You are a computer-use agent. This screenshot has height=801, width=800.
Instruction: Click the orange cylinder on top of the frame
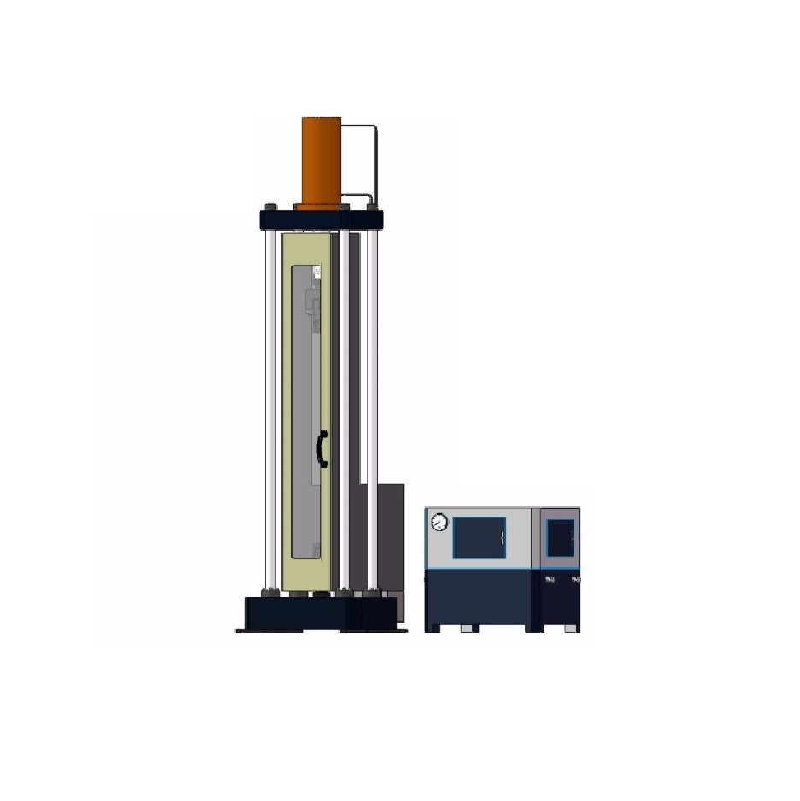point(321,160)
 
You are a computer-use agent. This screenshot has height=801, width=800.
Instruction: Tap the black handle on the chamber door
point(322,449)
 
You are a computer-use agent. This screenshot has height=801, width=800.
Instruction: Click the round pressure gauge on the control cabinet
point(439,522)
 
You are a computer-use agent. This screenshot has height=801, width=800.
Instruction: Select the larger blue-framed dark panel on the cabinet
point(479,538)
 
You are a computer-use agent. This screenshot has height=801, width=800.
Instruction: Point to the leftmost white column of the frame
point(270,410)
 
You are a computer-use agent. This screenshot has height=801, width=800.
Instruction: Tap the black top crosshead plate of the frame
point(321,218)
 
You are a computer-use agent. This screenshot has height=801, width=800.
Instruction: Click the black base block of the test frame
point(321,612)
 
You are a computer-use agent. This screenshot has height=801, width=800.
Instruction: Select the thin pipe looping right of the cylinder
point(374,162)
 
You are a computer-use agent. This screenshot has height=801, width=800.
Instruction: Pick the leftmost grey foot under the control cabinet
point(434,629)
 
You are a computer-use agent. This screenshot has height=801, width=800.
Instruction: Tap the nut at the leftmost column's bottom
point(270,591)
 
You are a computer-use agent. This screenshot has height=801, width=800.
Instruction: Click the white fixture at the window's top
point(315,273)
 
